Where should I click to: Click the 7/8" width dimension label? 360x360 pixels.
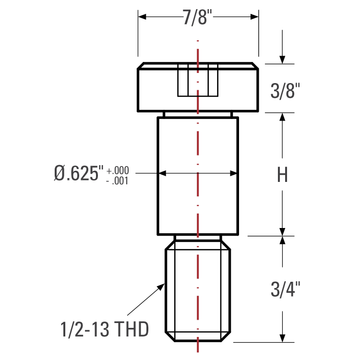pos(198,17)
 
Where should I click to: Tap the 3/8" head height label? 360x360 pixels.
pos(283,90)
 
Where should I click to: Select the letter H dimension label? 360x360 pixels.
pos(282,174)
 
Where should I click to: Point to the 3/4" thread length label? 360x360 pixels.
pos(283,289)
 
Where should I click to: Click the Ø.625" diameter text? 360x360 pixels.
pos(77,173)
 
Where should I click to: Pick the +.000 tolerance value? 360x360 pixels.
pos(118,171)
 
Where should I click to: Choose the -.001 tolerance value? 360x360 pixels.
pos(118,182)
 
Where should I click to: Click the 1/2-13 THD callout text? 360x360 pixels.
pos(104,329)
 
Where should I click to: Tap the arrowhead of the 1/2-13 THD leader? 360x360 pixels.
pos(162,287)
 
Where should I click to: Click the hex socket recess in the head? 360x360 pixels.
pos(198,80)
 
